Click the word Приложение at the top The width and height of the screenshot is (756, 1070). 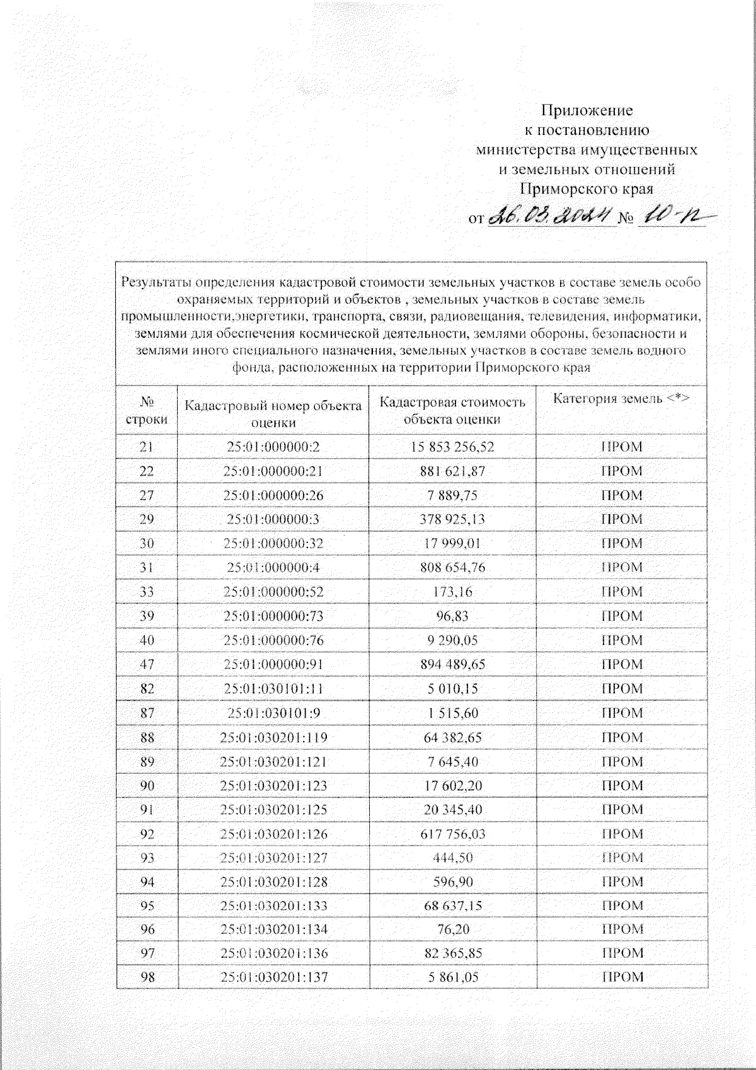coord(587,111)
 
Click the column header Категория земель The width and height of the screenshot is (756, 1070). coord(621,398)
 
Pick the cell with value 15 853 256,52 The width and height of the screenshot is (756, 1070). coord(452,447)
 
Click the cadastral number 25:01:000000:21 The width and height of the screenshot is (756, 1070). coord(273,471)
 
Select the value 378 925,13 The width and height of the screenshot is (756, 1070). coord(452,519)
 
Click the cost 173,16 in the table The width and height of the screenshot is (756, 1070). coord(452,592)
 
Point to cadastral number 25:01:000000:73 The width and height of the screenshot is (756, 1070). coord(273,616)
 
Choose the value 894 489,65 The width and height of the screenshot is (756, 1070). coord(452,664)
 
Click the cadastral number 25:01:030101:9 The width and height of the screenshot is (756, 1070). coord(273,713)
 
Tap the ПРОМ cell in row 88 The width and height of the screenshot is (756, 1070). coord(621,737)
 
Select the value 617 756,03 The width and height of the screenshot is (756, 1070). coord(452,834)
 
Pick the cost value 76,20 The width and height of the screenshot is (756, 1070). coord(452,929)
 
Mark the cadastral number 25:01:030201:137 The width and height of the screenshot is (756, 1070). coord(273,977)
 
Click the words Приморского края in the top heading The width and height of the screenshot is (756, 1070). coord(586,188)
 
